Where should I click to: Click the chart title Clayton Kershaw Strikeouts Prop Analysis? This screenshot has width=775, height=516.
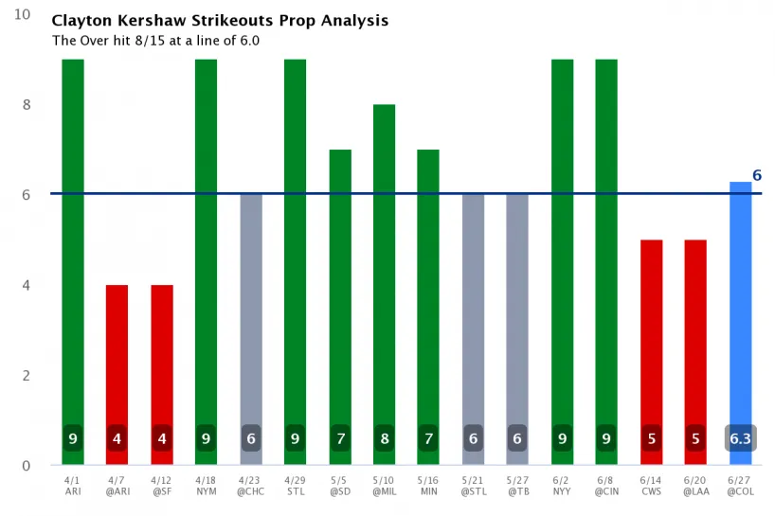pos(220,21)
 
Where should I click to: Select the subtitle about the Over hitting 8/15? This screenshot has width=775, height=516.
pos(155,41)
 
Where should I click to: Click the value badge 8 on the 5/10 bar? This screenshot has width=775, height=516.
pos(384,439)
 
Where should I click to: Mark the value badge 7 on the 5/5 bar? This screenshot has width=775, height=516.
pos(339,439)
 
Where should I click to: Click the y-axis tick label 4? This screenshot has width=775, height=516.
pos(27,285)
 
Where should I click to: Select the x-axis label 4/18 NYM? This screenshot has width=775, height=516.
pos(206,485)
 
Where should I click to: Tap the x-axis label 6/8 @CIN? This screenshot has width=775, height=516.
pos(606,485)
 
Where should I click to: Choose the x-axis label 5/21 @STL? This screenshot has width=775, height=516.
pos(473,485)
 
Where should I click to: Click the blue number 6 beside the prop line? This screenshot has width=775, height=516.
pos(757,175)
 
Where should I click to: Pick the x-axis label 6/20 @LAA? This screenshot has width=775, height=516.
pos(695,485)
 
